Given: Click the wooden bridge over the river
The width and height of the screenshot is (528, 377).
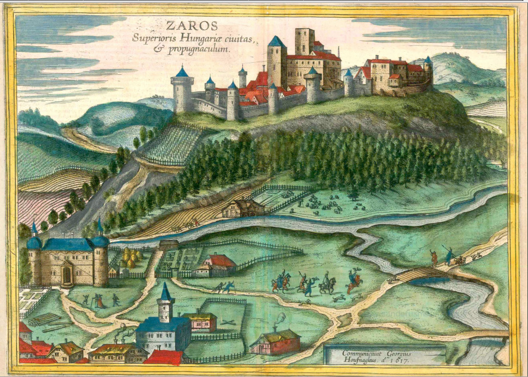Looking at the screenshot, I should click(x=417, y=274).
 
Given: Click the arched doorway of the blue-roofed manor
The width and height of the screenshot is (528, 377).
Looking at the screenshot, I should click(x=67, y=274).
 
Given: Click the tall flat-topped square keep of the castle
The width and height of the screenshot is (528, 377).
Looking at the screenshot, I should click(x=304, y=41).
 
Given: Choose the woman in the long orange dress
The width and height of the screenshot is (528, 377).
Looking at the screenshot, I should click(x=99, y=300).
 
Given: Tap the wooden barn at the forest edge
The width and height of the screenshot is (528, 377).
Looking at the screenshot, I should click(x=242, y=207).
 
